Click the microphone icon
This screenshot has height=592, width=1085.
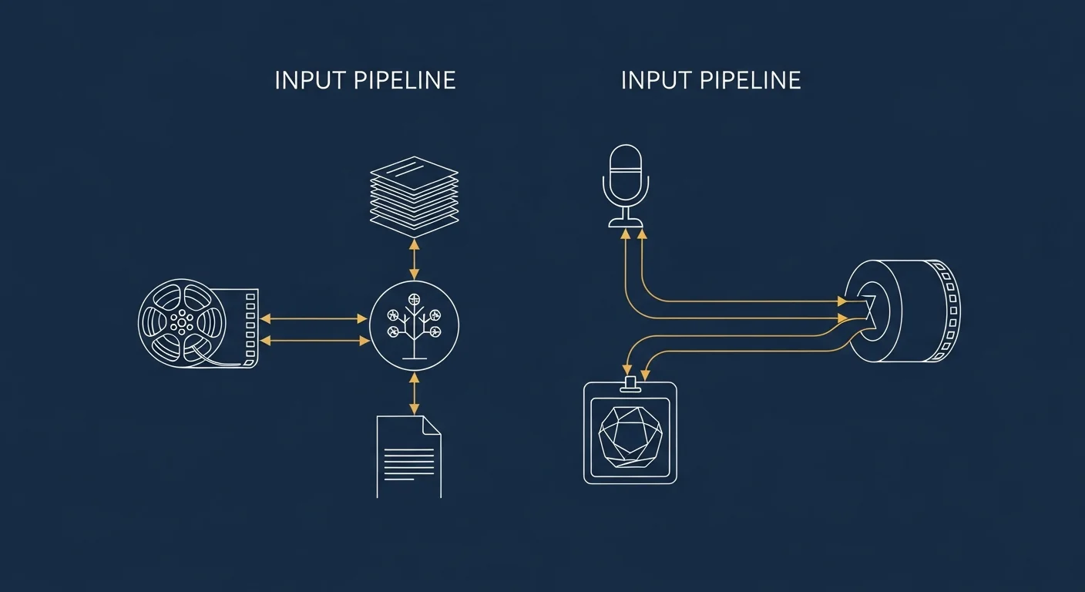click(x=625, y=186)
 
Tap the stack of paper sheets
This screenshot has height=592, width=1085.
click(x=414, y=197)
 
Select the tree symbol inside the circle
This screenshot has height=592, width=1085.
click(x=414, y=326)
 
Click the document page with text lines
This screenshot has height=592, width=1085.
click(x=409, y=456)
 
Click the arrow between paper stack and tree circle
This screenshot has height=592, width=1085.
click(x=414, y=259)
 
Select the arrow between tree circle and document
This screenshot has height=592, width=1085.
click(x=414, y=393)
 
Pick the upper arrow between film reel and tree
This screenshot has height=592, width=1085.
click(x=314, y=319)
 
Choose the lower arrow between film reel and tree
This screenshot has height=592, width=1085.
click(x=315, y=341)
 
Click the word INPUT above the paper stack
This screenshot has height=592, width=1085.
click(x=310, y=80)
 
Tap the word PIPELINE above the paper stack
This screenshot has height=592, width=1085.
click(x=405, y=80)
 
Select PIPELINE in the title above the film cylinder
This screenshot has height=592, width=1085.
click(x=751, y=80)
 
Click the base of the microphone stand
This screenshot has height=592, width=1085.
click(x=625, y=223)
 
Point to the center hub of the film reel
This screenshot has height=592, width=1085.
click(x=182, y=321)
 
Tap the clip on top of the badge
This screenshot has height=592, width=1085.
click(x=630, y=384)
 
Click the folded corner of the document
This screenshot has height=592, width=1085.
click(x=432, y=425)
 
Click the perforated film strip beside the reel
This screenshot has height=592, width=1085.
click(x=250, y=328)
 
